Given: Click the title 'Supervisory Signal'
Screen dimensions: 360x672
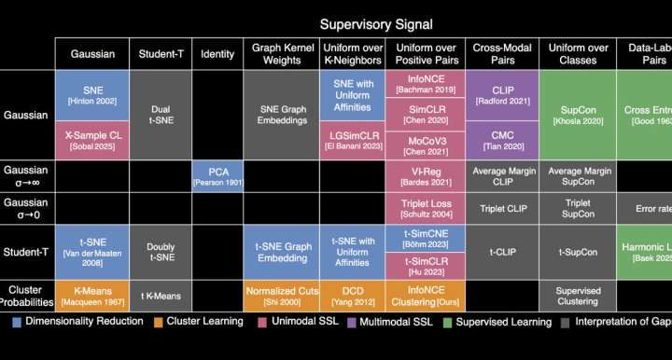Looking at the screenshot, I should pos(376,23).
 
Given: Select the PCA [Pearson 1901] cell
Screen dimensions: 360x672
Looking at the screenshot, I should pos(218,175).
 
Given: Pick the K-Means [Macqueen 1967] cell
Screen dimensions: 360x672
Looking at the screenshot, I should pos(92,297).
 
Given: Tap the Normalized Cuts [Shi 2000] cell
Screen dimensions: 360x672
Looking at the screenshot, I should pos(281,297).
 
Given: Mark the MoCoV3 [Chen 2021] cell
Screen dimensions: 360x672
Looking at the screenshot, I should pos(424,144).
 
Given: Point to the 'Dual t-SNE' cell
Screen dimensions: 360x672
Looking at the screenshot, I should pos(161,115).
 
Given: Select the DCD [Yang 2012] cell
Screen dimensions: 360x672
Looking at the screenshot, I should pos(352,297).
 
